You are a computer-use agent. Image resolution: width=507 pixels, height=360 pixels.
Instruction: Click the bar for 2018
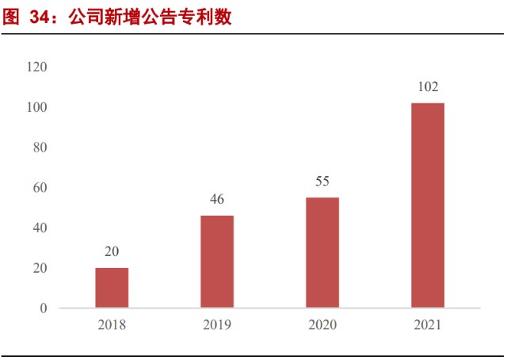[112, 288]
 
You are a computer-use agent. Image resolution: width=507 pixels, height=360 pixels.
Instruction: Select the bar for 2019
[217, 262]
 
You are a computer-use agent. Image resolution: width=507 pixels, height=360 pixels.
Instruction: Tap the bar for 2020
[322, 252]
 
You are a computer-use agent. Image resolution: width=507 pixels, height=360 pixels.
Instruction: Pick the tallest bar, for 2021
[428, 205]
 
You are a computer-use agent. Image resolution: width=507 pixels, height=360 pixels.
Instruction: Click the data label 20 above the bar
[112, 251]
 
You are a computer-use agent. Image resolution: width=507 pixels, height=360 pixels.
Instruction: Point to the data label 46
[217, 199]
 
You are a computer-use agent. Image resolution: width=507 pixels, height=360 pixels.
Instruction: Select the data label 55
[322, 181]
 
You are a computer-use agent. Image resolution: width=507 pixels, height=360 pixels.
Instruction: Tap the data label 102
[428, 86]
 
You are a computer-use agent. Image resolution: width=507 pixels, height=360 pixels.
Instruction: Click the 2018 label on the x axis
[112, 325]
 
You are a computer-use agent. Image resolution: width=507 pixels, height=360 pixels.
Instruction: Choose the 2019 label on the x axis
[217, 325]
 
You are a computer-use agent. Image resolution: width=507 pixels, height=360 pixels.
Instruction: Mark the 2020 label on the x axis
[322, 325]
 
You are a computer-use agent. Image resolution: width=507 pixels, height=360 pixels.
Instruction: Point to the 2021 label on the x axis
[428, 325]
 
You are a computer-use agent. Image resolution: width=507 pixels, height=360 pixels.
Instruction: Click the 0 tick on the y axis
[44, 308]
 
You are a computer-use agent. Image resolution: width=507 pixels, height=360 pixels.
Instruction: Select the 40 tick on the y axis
[40, 228]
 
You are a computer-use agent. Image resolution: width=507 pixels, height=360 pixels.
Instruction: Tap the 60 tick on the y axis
[40, 188]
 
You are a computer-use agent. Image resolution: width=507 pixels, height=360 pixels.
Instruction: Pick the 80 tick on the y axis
[40, 147]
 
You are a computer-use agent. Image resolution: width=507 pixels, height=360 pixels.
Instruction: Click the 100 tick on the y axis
[37, 107]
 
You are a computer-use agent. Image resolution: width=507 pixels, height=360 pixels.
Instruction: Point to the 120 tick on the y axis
[37, 67]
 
